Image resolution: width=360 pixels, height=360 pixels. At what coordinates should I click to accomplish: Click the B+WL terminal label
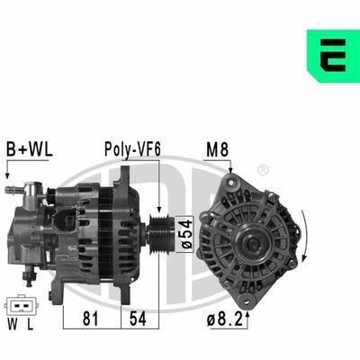click(30, 149)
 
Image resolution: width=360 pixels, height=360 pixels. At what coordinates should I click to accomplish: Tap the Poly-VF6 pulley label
click(132, 149)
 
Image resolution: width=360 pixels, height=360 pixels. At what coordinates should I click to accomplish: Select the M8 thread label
click(217, 149)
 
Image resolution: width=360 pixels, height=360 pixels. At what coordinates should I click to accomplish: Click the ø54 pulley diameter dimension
click(185, 234)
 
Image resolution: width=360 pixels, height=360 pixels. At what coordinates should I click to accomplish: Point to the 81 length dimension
click(90, 319)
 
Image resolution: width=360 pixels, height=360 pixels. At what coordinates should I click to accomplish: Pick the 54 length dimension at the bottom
click(138, 319)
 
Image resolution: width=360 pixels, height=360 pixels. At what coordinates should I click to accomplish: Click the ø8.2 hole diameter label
click(225, 319)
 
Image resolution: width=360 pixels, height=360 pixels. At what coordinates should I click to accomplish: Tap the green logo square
click(333, 56)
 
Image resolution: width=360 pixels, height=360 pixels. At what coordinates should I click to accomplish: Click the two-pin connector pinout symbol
click(21, 306)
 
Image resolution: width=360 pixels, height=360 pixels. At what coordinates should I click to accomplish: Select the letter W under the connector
click(13, 324)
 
